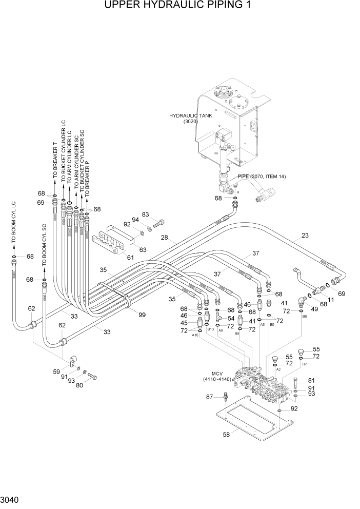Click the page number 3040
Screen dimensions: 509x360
pos(12,499)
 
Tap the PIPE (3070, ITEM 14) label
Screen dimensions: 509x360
pos(261,177)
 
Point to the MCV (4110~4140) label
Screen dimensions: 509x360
pos(216,376)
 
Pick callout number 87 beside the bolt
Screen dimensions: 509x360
pos(209,397)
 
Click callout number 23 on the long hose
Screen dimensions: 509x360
pos(305,236)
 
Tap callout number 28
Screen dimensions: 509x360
pos(165,237)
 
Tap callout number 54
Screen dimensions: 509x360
pos(231,319)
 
